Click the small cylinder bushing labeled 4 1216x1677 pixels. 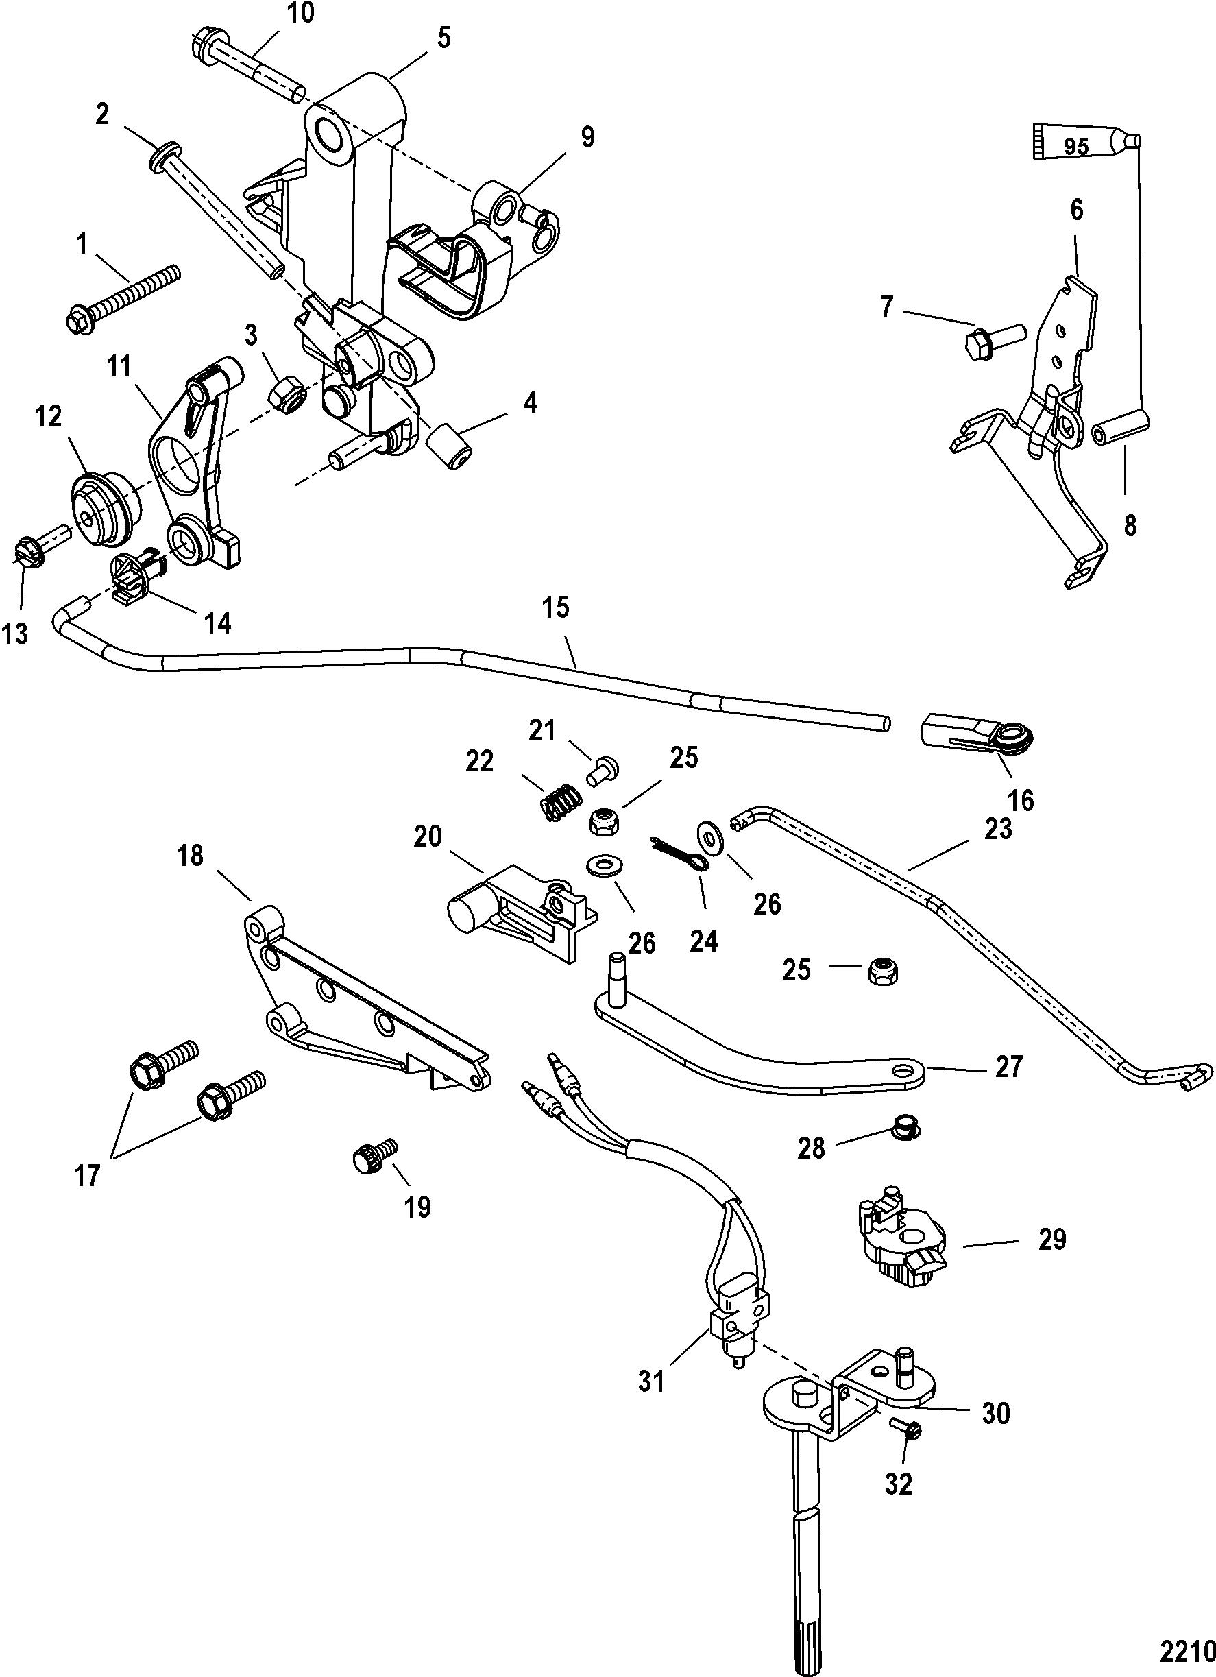(x=448, y=446)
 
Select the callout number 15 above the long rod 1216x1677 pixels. (x=556, y=608)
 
